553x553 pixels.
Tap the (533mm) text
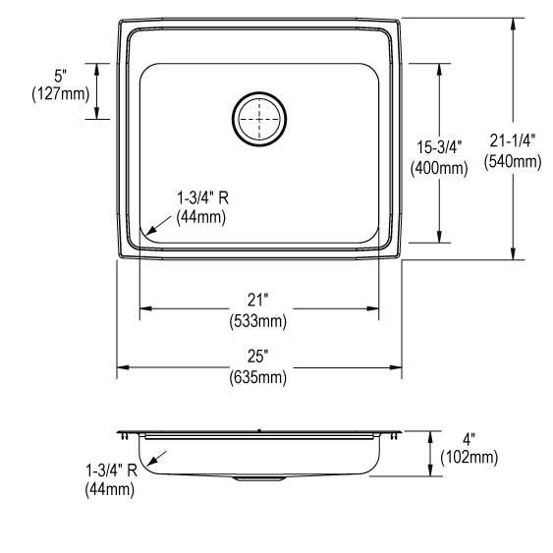pyautogui.click(x=258, y=319)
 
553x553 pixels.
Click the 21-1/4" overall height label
pyautogui.click(x=512, y=141)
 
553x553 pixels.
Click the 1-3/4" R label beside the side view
pyautogui.click(x=110, y=469)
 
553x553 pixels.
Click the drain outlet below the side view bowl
pyautogui.click(x=258, y=478)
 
